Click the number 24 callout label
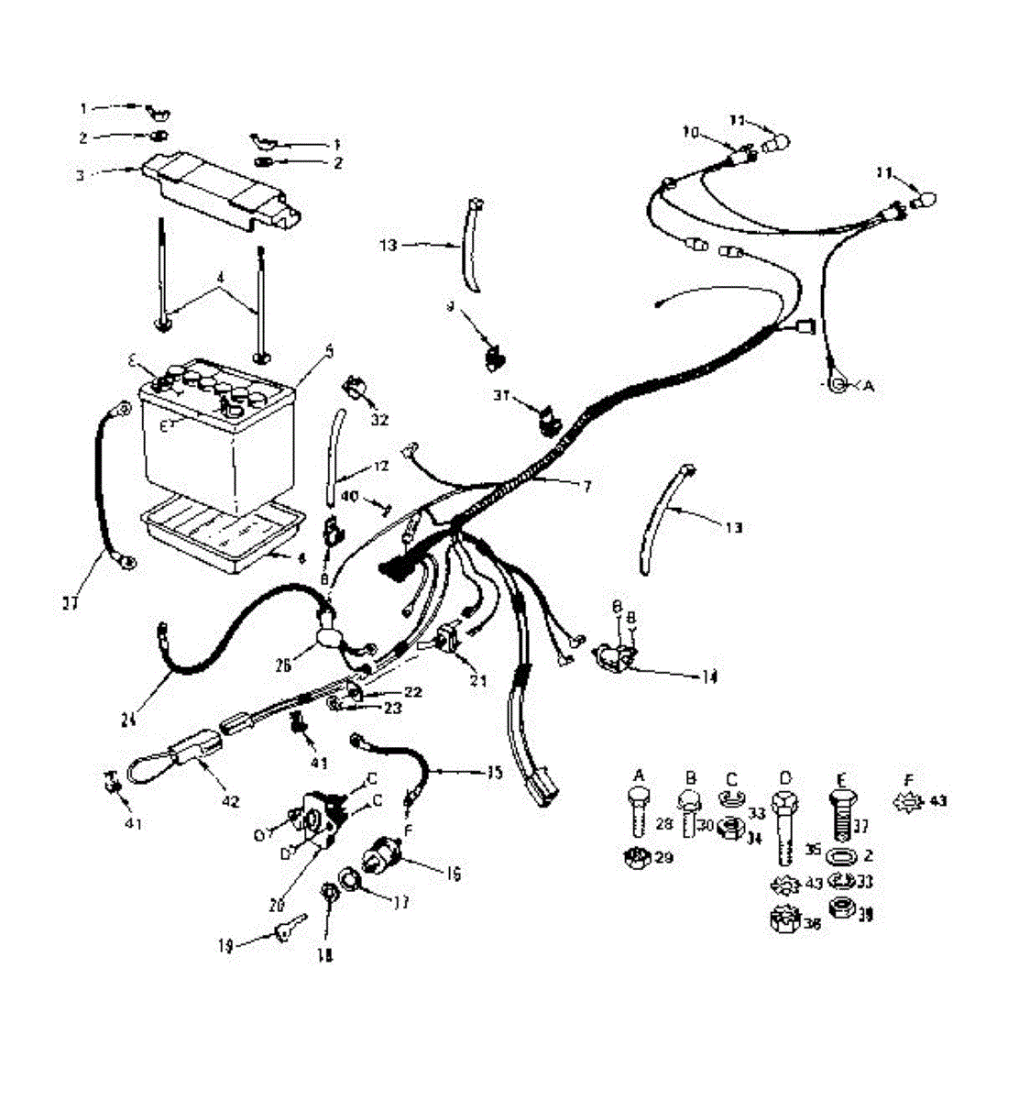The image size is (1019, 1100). coord(128,721)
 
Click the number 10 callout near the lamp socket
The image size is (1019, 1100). coord(690,133)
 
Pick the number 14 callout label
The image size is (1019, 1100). coord(708,677)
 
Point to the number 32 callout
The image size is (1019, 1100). coord(379,421)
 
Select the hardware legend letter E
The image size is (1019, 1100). coord(839,780)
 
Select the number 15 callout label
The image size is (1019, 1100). coord(494,772)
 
